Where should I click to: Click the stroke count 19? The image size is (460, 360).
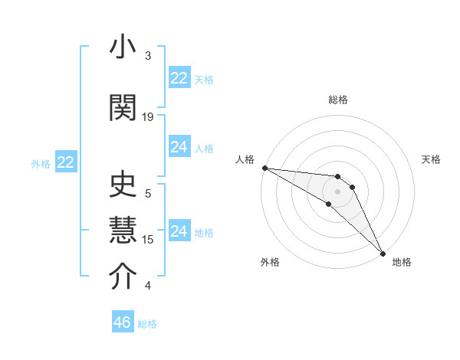(148, 117)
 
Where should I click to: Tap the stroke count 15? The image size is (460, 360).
(148, 240)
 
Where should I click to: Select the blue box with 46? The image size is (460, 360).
(123, 322)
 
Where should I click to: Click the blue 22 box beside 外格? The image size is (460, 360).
(65, 162)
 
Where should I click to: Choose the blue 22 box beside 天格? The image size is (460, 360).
(179, 78)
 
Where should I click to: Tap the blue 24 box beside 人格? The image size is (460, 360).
(179, 147)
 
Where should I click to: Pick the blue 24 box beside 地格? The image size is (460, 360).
(179, 231)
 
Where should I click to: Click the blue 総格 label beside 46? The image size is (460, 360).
(147, 324)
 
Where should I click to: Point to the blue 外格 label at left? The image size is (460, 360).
(41, 163)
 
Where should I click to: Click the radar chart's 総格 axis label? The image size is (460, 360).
(338, 100)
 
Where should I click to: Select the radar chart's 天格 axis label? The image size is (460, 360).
(432, 159)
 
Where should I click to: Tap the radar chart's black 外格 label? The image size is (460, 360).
(270, 262)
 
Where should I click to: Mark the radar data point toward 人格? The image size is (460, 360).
(264, 168)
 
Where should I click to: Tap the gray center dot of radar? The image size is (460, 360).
(337, 191)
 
